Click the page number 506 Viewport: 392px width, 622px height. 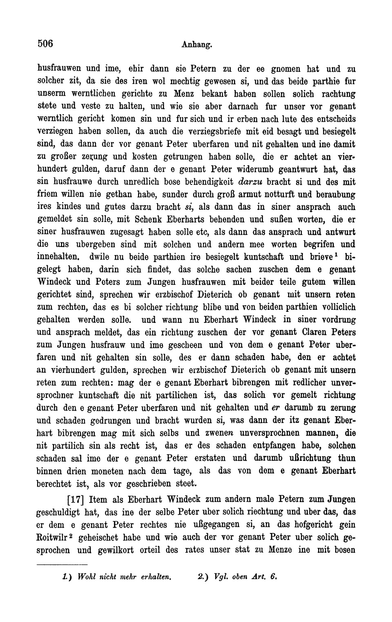click(x=46, y=44)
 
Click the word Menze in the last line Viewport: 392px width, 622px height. click(x=280, y=550)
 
